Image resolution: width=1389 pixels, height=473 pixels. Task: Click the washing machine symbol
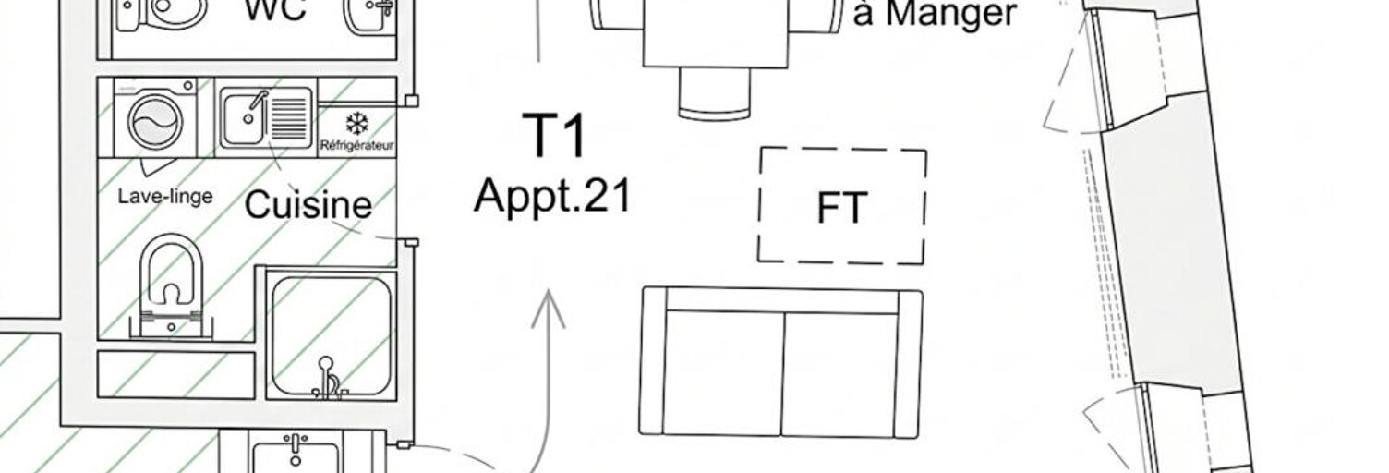click(x=155, y=117)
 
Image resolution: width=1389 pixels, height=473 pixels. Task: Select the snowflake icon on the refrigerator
click(x=357, y=124)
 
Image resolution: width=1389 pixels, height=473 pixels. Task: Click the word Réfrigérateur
click(x=357, y=146)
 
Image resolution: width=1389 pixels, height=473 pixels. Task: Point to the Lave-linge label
click(x=165, y=197)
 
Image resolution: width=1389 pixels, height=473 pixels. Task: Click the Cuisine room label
click(x=308, y=204)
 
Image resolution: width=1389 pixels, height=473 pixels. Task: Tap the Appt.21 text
click(x=552, y=195)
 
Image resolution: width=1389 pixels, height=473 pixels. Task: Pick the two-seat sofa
click(x=781, y=363)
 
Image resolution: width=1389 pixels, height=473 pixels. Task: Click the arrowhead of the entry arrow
click(x=549, y=309)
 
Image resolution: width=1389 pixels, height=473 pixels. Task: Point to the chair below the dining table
click(x=714, y=93)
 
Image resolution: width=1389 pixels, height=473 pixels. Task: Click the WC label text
click(x=275, y=10)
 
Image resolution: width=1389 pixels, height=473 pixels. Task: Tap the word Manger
click(x=951, y=14)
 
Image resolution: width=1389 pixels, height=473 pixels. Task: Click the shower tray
click(x=332, y=334)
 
